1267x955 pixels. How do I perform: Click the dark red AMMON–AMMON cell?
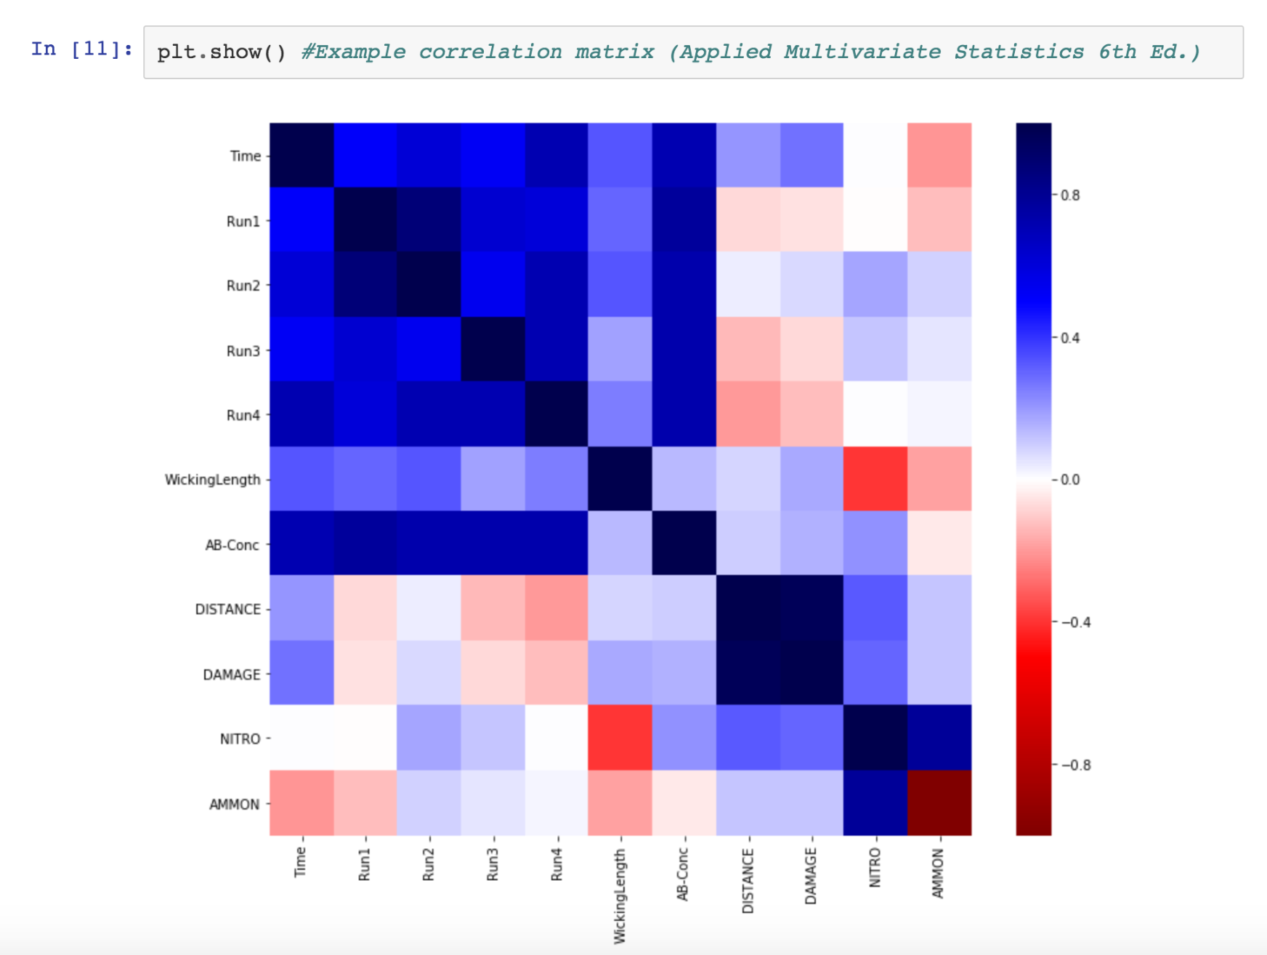(939, 802)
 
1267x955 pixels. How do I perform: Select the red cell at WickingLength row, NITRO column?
(875, 479)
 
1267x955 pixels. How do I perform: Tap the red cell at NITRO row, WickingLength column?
(620, 738)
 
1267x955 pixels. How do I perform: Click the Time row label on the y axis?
(245, 156)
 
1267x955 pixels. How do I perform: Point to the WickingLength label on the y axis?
(212, 480)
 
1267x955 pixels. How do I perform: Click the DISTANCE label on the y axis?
(227, 609)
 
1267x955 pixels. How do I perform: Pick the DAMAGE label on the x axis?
(811, 876)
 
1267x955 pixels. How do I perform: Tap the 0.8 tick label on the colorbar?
(1070, 196)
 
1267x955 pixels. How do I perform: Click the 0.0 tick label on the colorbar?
(1070, 480)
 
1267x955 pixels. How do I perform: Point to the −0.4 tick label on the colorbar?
(1076, 622)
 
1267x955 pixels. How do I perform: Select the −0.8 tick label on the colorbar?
(1076, 765)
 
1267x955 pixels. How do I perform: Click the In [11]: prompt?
(82, 49)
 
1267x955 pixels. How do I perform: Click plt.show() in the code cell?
(222, 52)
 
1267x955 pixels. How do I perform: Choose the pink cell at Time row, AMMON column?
(939, 156)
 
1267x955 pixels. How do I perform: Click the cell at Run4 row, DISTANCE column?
(748, 414)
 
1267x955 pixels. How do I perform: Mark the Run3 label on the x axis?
(493, 864)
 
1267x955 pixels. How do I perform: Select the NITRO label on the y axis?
(240, 739)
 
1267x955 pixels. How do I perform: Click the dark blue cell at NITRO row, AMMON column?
(939, 738)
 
